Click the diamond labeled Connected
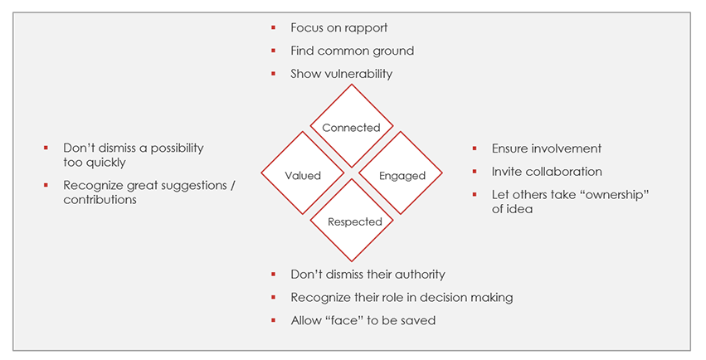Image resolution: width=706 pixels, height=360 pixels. coord(351,127)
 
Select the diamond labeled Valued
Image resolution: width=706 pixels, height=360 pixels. coord(302,175)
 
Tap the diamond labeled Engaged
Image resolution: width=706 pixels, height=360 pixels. coord(402,175)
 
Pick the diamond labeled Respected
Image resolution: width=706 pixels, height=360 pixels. coord(354,221)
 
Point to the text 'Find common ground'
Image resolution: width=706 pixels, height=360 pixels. coord(352,51)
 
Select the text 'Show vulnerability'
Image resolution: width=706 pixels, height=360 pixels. coord(341,74)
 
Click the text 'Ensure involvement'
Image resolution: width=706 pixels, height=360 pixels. coord(546,148)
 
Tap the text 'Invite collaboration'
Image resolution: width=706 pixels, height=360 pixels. coord(547,172)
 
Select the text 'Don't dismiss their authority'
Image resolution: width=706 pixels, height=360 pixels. coord(368,274)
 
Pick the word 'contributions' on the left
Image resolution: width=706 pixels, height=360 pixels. coord(100,200)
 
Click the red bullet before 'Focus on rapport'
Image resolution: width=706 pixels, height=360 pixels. coord(274,27)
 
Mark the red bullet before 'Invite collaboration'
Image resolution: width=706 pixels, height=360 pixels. coord(474,172)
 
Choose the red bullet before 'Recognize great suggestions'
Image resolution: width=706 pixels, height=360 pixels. coord(46,186)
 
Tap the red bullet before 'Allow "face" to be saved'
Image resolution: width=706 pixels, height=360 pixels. coord(274,320)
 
